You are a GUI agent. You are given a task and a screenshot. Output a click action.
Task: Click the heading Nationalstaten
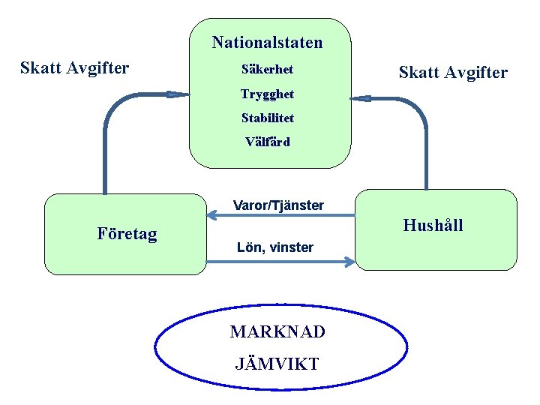(267, 43)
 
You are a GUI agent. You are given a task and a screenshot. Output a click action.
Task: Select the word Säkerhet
(267, 70)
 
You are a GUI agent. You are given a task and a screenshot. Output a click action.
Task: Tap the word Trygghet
(267, 94)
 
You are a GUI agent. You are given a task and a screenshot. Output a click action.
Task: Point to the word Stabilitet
(267, 118)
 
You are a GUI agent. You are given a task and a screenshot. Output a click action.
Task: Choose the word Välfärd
(267, 142)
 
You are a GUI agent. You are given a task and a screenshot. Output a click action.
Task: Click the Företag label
(127, 234)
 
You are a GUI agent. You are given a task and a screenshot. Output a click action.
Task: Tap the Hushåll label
(433, 225)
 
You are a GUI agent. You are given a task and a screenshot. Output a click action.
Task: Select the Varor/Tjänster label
(278, 205)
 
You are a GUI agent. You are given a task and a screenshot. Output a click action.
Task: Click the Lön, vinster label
(274, 247)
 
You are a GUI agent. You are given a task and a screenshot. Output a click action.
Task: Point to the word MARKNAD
(277, 331)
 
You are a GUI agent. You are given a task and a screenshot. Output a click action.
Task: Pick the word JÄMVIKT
(277, 364)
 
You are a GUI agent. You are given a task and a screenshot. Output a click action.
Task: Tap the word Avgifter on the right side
(474, 73)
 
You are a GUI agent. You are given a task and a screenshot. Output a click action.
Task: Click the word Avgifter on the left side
(97, 68)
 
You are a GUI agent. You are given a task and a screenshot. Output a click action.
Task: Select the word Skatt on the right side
(418, 73)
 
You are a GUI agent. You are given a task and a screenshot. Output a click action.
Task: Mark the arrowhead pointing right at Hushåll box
(349, 262)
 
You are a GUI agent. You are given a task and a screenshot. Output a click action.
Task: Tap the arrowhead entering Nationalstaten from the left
(179, 94)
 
